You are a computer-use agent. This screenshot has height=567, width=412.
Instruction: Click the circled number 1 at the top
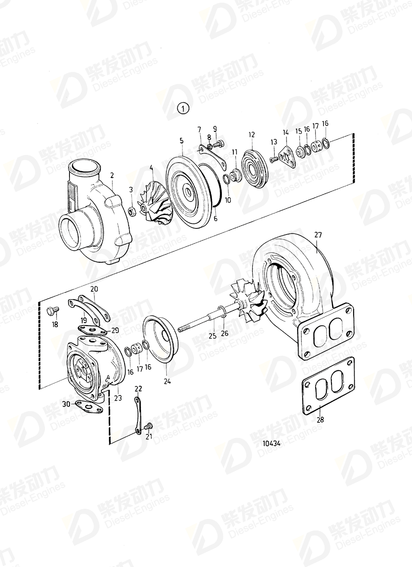[x=183, y=109]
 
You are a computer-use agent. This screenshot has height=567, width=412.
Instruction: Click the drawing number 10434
[x=272, y=443]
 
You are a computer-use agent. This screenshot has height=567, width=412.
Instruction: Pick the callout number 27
[x=318, y=235]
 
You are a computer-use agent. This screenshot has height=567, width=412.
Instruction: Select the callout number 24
[x=167, y=382]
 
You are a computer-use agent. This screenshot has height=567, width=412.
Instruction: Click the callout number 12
[x=251, y=135]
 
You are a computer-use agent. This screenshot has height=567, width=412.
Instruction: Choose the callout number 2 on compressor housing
[x=112, y=175]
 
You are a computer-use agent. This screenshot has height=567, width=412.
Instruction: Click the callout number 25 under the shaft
[x=212, y=336]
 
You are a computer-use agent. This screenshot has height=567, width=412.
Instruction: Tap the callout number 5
[x=181, y=140]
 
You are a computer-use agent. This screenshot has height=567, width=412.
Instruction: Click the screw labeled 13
[x=273, y=159]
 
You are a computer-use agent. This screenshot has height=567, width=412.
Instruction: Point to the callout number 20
[x=94, y=289]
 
